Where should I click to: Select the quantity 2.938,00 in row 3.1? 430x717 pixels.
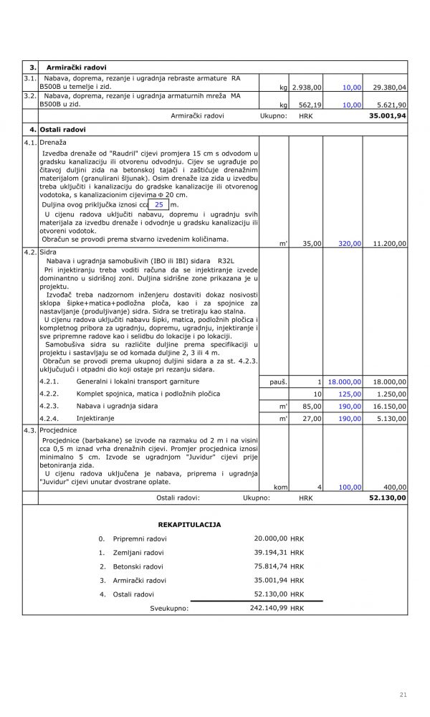[x=307, y=87]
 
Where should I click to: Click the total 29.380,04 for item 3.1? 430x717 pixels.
[x=390, y=87]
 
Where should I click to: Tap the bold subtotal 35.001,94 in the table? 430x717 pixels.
[x=387, y=115]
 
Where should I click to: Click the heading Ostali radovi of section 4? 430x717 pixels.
[x=64, y=130]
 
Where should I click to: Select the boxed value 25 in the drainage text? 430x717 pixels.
[x=158, y=204]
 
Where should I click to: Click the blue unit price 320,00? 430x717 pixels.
[x=349, y=244]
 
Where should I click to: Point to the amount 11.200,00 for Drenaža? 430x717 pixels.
[x=390, y=244]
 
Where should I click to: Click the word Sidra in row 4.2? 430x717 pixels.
[x=49, y=253]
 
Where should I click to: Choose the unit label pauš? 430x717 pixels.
[x=278, y=382]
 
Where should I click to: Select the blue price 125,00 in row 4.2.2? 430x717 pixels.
[x=349, y=394]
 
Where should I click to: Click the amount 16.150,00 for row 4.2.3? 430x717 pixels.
[x=390, y=406]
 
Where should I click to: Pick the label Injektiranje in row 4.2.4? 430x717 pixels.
[x=95, y=418]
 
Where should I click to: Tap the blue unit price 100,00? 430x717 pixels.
[x=349, y=487]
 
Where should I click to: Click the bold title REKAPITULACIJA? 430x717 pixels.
[x=189, y=525]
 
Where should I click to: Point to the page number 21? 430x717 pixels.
[x=403, y=695]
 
